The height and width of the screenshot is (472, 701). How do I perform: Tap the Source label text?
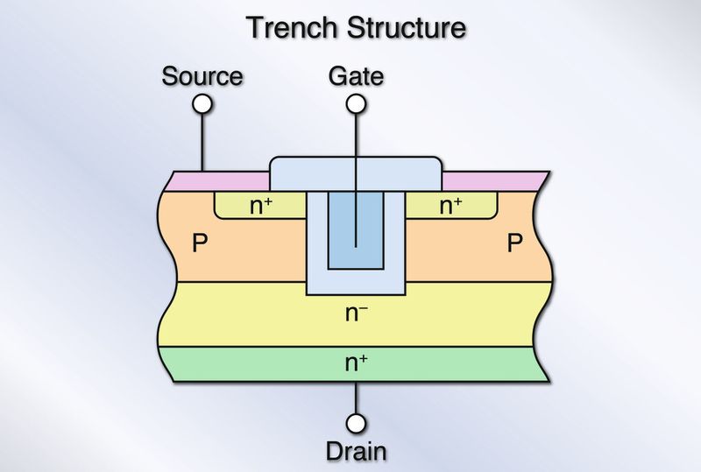point(202,76)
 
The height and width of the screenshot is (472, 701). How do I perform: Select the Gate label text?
point(356,76)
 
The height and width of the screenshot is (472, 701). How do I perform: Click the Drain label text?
point(356,452)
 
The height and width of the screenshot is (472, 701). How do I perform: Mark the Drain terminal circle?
point(356,424)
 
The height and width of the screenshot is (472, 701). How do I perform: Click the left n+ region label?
point(260,207)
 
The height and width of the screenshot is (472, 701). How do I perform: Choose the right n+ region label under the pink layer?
point(451,207)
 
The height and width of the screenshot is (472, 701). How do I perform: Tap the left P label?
point(200,243)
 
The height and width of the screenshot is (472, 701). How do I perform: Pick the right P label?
point(514,243)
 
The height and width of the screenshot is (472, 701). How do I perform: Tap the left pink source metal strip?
point(219,180)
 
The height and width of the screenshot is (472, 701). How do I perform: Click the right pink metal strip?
point(491,180)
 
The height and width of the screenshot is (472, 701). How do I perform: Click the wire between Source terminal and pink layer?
point(202,140)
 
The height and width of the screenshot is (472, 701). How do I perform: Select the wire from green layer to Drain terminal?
point(356,398)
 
